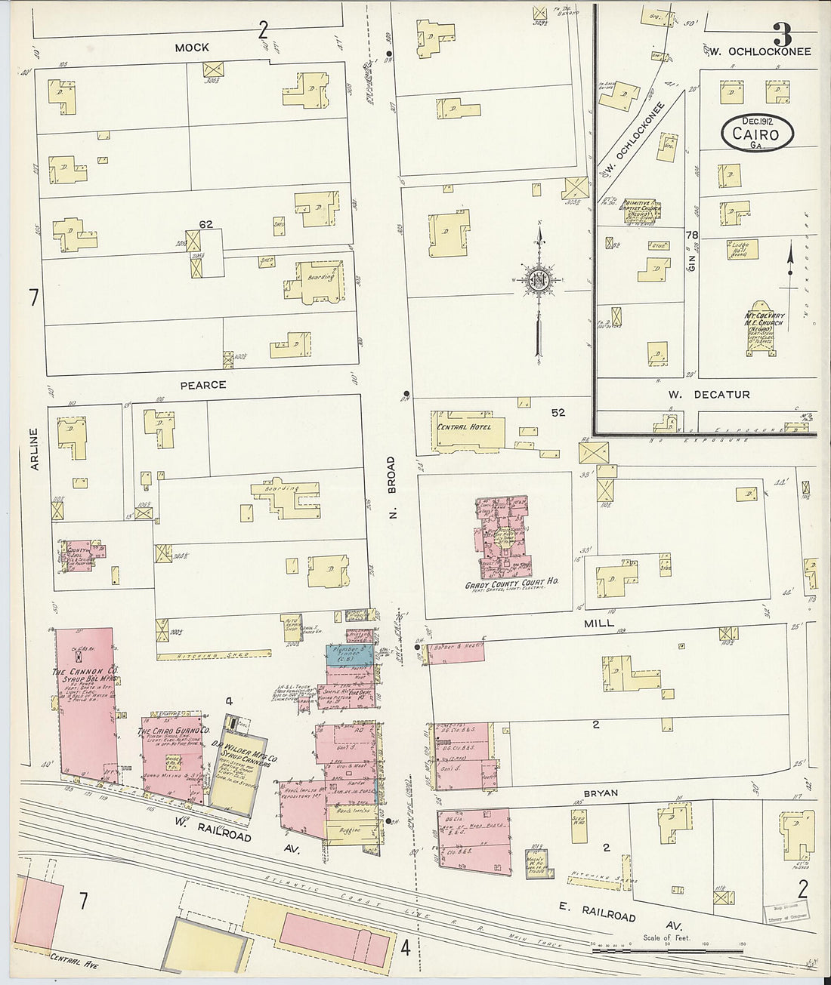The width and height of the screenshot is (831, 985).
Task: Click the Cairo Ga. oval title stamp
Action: pos(756,133)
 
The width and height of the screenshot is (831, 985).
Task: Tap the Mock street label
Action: pos(191,47)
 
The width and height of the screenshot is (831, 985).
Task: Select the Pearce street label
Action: pos(202,384)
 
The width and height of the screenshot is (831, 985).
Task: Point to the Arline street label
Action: pos(33,450)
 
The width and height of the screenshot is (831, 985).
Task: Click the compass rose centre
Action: pos(538,281)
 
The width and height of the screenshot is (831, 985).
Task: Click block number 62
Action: pos(205,223)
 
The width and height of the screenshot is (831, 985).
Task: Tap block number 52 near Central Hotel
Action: pos(558,413)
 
